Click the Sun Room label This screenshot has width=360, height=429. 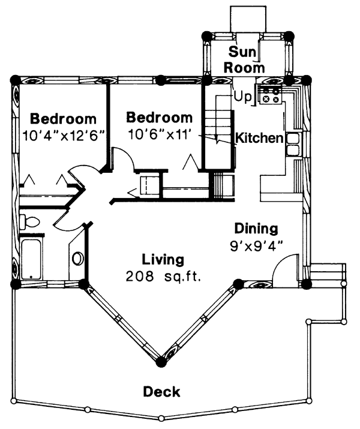click(x=244, y=59)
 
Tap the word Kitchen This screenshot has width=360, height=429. click(x=259, y=138)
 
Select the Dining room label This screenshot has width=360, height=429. click(x=256, y=228)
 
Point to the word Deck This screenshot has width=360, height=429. click(x=161, y=392)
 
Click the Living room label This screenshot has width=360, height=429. click(x=163, y=260)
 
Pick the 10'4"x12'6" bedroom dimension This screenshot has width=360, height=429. click(x=64, y=136)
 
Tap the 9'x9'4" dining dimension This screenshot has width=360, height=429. click(x=256, y=246)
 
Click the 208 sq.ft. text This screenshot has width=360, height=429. click(x=163, y=277)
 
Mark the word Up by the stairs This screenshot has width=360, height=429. click(x=242, y=97)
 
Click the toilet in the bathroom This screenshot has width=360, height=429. click(x=29, y=221)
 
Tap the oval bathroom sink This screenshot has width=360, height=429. click(x=77, y=258)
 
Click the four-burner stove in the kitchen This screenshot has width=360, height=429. click(x=270, y=95)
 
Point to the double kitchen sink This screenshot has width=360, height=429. click(x=293, y=144)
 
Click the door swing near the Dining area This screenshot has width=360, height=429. click(x=285, y=271)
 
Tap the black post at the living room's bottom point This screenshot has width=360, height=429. click(x=161, y=362)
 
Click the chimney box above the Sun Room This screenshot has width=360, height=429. click(x=248, y=19)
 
